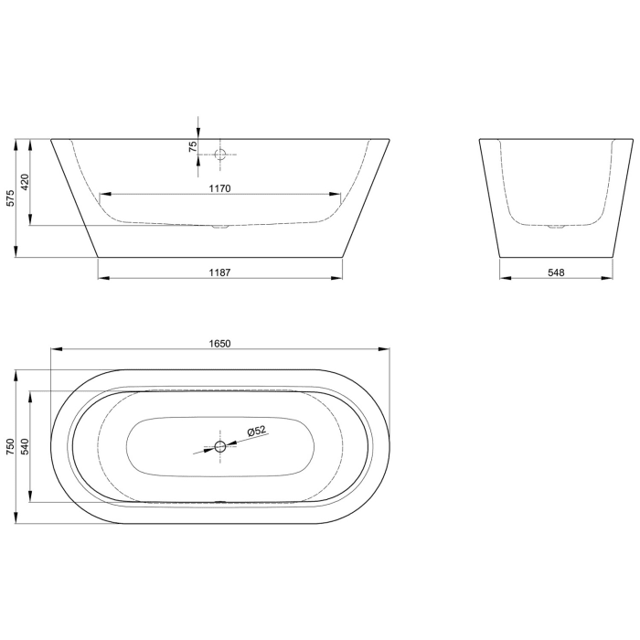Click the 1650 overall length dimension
pyautogui.click(x=220, y=344)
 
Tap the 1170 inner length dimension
pyautogui.click(x=219, y=188)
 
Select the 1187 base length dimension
pyautogui.click(x=219, y=272)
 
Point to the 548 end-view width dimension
pyautogui.click(x=556, y=272)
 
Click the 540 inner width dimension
pyautogui.click(x=26, y=447)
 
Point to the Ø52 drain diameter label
pyautogui.click(x=256, y=431)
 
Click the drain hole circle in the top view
pyautogui.click(x=219, y=447)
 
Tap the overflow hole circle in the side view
pyautogui.click(x=219, y=155)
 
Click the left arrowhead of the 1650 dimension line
pyautogui.click(x=55, y=350)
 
